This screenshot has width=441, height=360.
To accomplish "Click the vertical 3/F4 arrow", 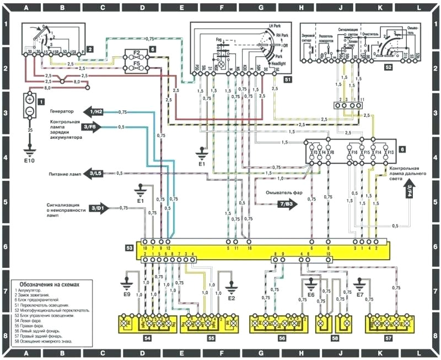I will (x=410, y=191).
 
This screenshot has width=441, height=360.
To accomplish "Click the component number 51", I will (x=288, y=80).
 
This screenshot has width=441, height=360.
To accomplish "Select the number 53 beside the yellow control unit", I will (x=128, y=249).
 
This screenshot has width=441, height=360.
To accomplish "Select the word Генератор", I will (x=63, y=111).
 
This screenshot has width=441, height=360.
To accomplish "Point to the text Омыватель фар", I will (x=282, y=192).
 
